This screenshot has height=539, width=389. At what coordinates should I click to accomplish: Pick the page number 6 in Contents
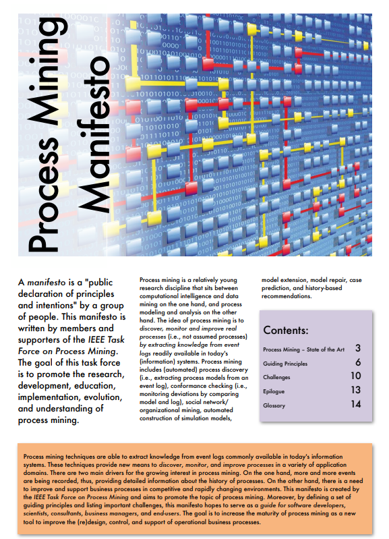tap(357, 362)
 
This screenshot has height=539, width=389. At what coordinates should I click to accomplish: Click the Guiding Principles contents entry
tap(286, 364)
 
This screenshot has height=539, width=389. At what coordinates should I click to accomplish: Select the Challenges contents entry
tap(276, 378)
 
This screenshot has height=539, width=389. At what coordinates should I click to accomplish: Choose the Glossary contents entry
tap(274, 405)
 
